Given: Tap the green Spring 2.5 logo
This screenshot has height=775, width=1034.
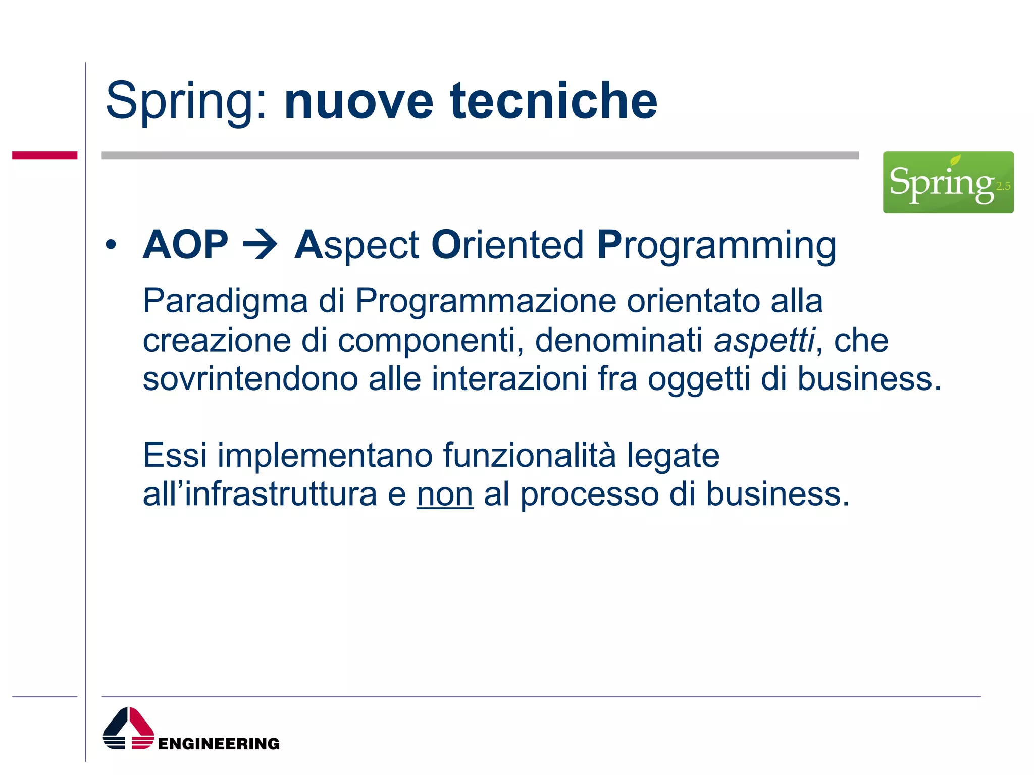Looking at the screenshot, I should point(948,182).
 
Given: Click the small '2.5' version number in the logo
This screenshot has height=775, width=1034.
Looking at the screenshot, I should point(1003,186).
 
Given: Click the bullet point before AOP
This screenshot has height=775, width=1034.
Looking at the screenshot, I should point(111,245).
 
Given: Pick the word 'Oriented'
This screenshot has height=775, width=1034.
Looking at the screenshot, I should point(507,245).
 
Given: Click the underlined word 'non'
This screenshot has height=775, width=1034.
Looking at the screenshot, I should point(445,494).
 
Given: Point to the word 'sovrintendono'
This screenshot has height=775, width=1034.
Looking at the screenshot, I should point(250,378).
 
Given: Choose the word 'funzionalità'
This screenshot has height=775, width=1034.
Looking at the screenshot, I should point(530,456).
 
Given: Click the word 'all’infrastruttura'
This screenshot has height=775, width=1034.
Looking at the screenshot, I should point(260,494).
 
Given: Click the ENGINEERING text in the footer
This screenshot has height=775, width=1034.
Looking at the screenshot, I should point(219,744).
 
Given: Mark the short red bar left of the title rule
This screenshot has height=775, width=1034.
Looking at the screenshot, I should point(44,155).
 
